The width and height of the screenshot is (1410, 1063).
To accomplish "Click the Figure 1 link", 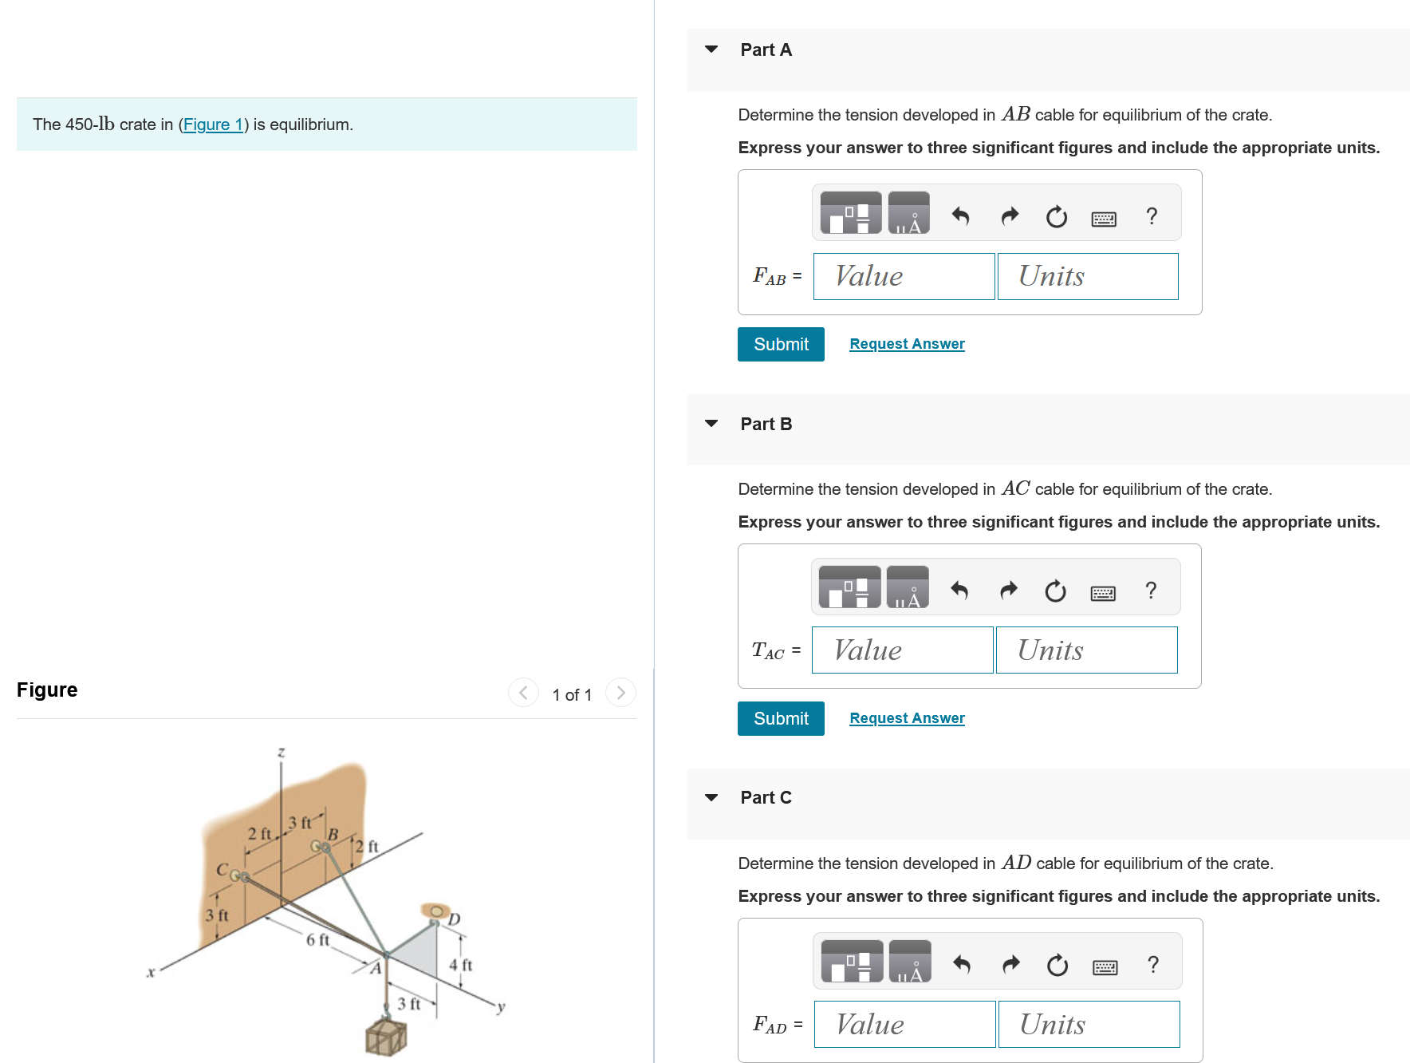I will coord(213,124).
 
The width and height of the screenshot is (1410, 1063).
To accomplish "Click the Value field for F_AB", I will coord(904,277).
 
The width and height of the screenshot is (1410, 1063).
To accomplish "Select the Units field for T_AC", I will coord(1086,650).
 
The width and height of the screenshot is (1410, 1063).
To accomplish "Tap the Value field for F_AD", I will coord(904,1025).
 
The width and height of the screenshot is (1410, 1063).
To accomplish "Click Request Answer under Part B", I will coord(907,718).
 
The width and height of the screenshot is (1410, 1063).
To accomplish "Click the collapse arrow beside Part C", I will coord(711,797).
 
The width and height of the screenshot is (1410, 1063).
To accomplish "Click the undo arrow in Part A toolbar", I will coord(960,216).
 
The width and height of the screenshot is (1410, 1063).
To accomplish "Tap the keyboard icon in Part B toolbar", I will coord(1103,593).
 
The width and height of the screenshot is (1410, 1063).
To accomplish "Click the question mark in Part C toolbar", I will coord(1152,965).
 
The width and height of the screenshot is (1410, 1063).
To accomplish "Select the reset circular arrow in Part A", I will coord(1056,216).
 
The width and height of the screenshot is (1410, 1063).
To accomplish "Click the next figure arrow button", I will coord(620,693).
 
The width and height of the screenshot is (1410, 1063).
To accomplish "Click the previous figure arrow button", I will coord(523,693).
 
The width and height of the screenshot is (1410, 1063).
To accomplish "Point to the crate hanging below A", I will coord(386,1037).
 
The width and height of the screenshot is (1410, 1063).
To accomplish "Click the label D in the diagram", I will coord(454,919).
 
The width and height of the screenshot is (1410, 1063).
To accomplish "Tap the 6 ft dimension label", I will coord(317,940).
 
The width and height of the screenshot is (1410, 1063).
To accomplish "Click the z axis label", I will coord(281,752).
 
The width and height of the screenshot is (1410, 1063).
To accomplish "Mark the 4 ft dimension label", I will coord(460,965).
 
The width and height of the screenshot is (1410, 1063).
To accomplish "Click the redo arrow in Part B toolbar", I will coord(1009,591).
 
